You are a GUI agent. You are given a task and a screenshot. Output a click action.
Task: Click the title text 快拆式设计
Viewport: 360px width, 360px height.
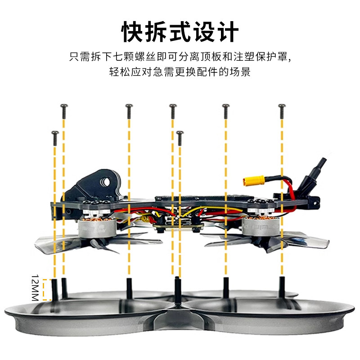point(180,32)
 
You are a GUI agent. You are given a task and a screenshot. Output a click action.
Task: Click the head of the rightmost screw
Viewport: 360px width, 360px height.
point(282,107)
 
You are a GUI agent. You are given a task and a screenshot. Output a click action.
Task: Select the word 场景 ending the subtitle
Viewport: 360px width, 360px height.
point(241,72)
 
